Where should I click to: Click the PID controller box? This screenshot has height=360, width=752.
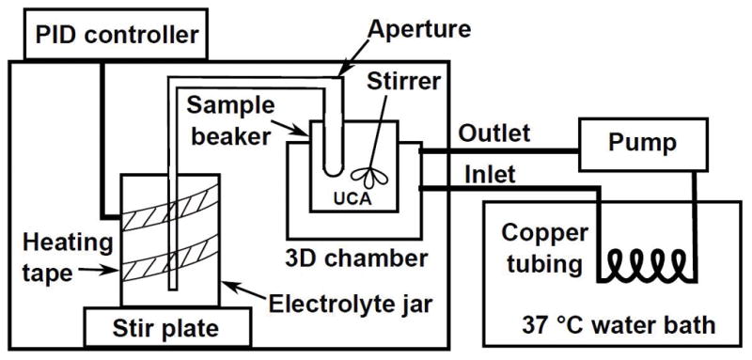pos(115,34)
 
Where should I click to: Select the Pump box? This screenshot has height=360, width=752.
pos(643,145)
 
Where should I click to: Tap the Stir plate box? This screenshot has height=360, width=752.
pos(167,326)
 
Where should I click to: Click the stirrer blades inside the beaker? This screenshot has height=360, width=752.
pos(369,178)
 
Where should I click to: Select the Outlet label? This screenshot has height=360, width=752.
pos(494,133)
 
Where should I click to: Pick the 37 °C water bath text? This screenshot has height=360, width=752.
pos(619,326)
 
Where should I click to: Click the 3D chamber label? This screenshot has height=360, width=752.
pos(356,258)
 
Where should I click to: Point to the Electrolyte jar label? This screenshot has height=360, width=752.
pos(351,304)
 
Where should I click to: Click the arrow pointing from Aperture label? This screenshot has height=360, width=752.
pos(354,59)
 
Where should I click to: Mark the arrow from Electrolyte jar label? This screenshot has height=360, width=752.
pos(244,290)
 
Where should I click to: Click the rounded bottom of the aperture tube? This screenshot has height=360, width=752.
pos(333,170)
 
